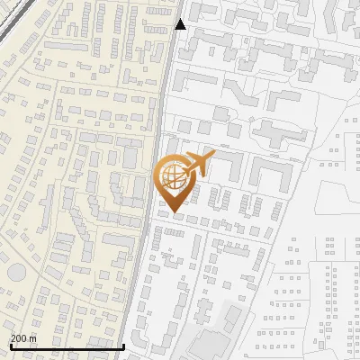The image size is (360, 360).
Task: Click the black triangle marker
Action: (x=181, y=24)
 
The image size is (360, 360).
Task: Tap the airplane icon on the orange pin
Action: (x=195, y=166)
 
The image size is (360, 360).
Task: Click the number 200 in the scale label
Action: (x=19, y=337)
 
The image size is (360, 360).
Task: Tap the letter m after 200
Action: (x=32, y=337)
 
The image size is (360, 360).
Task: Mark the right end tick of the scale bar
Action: (x=123, y=345)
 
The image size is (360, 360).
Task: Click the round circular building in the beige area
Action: (x=16, y=273)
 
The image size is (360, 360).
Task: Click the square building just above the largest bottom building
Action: (x=233, y=317)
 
